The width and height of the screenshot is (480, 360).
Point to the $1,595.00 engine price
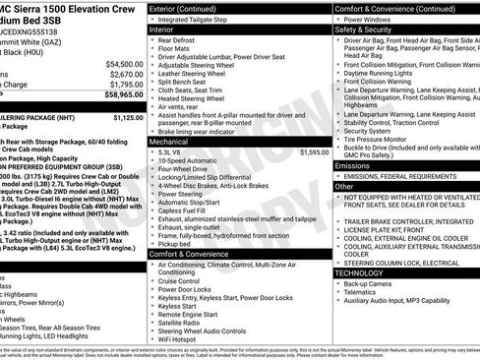pyautogui.click(x=314, y=152)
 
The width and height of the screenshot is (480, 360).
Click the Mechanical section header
pyautogui.click(x=169, y=142)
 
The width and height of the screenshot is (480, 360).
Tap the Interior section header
pyautogui.click(x=161, y=30)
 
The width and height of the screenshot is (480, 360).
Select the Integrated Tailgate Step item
pyautogui.click(x=195, y=19)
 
